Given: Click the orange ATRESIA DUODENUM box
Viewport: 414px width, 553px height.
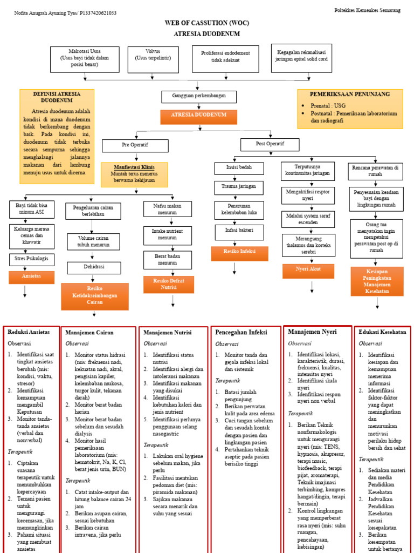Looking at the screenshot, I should pos(198,116).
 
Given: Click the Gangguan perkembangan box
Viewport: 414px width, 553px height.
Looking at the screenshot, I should pos(198,96).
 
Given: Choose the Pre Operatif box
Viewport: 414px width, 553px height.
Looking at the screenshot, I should pos(135,145).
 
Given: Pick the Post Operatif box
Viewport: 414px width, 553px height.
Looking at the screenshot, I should pos(269,144).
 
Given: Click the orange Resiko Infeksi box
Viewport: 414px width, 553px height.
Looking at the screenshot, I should pos(240,252).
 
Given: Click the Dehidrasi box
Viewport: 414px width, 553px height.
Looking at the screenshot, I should pos(93,267).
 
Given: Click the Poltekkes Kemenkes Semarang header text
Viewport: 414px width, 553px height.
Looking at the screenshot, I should pos(367,10).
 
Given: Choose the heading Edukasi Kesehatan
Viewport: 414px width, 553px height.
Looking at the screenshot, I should pos(382,332).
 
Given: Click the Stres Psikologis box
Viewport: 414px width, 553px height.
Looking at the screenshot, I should pos(32,259).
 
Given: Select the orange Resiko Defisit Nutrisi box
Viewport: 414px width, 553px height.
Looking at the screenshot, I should pos(169,285).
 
